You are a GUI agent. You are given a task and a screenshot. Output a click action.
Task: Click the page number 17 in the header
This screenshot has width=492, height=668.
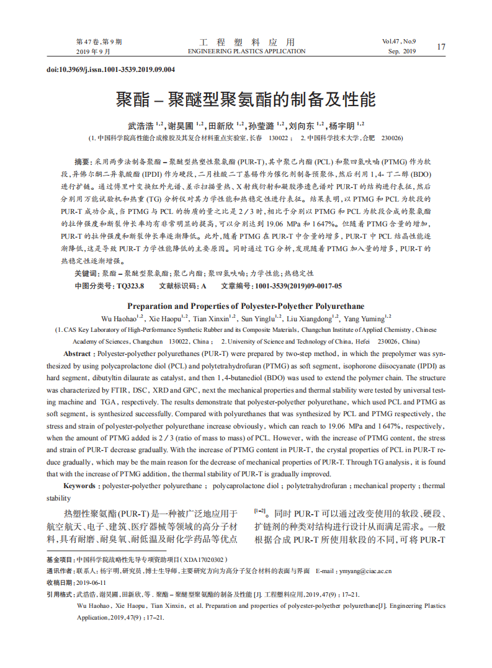(441, 47)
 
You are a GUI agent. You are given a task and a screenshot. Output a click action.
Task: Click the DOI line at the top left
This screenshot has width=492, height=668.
(111, 69)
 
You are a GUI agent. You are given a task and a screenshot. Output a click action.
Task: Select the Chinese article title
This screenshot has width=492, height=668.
(246, 99)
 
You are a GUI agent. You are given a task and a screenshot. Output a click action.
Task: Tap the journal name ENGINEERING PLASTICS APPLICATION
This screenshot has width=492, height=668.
(246, 51)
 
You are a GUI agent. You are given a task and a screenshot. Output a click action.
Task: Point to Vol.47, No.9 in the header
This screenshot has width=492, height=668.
(400, 42)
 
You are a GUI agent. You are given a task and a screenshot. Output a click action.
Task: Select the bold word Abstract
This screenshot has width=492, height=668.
(78, 353)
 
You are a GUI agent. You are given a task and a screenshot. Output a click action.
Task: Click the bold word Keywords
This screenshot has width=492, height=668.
(80, 486)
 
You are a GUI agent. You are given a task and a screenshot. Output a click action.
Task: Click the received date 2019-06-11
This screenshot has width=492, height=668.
(91, 582)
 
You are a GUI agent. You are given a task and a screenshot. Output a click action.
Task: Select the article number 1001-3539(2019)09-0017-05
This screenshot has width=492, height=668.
(298, 286)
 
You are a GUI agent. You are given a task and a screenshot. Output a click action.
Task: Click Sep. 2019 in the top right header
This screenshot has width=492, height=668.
(402, 51)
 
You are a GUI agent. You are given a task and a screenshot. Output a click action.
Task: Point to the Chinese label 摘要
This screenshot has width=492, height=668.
(82, 160)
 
